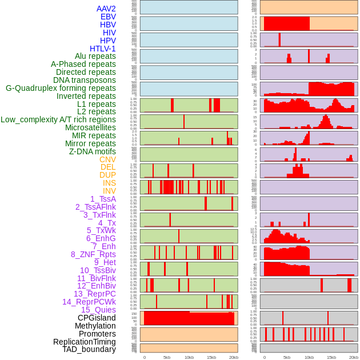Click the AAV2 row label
click(106, 9)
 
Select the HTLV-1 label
click(102, 49)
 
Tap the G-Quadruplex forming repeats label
click(61, 88)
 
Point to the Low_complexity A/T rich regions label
click(58, 119)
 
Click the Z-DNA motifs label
click(93, 151)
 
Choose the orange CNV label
click(107, 159)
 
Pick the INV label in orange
click(109, 191)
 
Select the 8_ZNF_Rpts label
click(93, 254)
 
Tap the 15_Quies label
click(98, 310)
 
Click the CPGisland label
click(97, 318)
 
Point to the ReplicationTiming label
click(85, 342)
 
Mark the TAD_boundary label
click(89, 349)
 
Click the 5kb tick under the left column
click(167, 357)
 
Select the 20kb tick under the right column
click(354, 357)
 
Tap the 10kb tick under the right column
click(309, 357)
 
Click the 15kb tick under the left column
click(211, 357)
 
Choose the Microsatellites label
click(90, 127)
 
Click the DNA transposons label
click(85, 80)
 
